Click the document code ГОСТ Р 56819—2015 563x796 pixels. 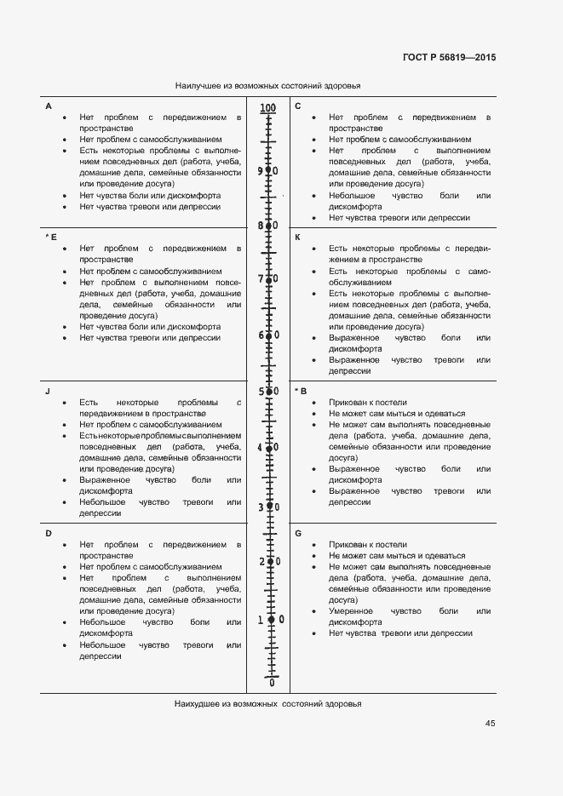coord(449,58)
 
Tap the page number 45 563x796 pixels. coord(491,724)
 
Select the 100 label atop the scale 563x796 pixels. coord(268,108)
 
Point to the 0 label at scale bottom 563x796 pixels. coord(272,682)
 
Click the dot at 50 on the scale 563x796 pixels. coord(268,392)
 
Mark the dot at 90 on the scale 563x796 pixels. coord(268,170)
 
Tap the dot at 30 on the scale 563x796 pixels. coord(269,507)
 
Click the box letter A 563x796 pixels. coord(49,106)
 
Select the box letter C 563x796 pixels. coord(298,106)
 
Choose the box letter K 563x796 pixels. coord(298,237)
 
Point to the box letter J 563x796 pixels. coord(48,391)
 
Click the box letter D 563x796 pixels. coord(49,533)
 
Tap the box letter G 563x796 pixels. coord(298,533)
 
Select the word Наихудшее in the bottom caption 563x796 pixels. coord(197,704)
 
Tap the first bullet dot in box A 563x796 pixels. coord(65,117)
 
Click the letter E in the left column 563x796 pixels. coord(53,237)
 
